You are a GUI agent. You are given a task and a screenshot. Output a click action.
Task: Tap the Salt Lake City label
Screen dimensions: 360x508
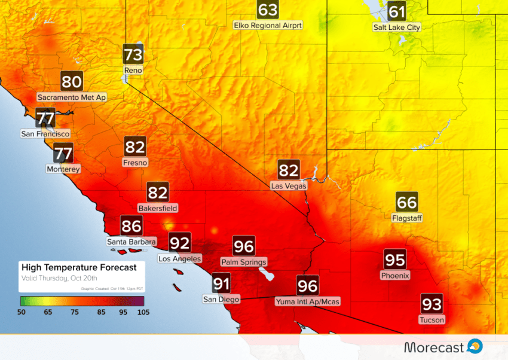(x=396, y=28)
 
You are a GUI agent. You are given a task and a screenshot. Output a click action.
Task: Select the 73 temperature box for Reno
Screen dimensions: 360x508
(x=133, y=55)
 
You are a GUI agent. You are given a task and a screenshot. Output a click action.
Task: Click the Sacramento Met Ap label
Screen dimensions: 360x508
(x=72, y=97)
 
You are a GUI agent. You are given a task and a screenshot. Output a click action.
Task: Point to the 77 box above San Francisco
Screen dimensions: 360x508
(x=46, y=117)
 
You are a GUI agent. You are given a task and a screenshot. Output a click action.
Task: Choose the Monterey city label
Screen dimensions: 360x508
(x=63, y=169)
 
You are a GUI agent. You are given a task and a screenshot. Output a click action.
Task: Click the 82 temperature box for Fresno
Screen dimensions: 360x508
(x=135, y=147)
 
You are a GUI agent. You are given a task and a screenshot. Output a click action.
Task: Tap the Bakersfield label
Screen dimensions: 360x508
(x=158, y=208)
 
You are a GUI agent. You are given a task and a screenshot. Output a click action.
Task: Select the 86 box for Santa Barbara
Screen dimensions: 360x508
(x=131, y=226)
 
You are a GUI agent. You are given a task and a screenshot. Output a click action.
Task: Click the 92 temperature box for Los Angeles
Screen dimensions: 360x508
(x=180, y=243)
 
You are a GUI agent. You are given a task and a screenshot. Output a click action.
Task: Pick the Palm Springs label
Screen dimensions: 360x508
(x=244, y=262)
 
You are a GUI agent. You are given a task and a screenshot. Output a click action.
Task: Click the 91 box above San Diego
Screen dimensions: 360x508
(x=222, y=283)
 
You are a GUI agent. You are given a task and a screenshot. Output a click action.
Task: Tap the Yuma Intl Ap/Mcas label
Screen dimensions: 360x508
(x=308, y=301)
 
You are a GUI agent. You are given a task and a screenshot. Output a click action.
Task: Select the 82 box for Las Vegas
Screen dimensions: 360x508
(x=289, y=170)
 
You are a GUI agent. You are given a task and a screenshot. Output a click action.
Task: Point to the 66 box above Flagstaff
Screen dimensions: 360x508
(x=407, y=202)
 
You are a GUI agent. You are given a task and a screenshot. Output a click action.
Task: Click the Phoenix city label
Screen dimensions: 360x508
(x=395, y=276)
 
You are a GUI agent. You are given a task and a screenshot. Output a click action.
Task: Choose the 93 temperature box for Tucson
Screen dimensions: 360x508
(x=432, y=304)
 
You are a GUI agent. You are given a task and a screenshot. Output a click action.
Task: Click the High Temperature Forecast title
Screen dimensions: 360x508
(x=79, y=267)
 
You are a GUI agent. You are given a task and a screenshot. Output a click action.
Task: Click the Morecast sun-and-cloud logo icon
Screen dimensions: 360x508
(x=475, y=346)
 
